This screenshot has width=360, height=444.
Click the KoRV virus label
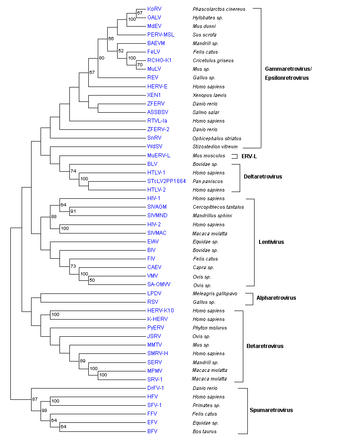(154, 9)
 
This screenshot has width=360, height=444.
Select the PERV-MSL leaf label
(160, 35)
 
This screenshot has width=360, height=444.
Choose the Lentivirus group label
(271, 242)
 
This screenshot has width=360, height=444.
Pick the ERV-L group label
(249, 156)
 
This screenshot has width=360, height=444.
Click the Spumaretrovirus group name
(271, 410)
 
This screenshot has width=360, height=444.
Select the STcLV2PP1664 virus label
(166, 181)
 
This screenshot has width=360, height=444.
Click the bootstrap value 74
(73, 171)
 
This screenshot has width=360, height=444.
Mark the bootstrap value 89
(82, 361)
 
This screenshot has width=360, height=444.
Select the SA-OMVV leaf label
(159, 284)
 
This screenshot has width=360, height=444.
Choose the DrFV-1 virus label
(155, 388)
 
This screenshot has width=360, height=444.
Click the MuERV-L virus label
(159, 156)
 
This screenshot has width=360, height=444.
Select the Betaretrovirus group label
(265, 346)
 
